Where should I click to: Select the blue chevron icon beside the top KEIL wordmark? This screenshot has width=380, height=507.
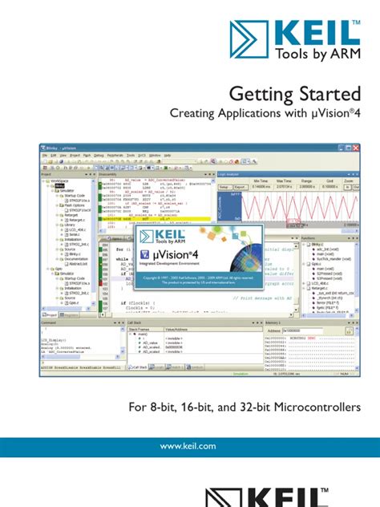point(250,38)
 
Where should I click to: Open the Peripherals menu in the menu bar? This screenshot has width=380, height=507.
point(115,154)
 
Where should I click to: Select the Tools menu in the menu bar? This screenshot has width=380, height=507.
point(141,154)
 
